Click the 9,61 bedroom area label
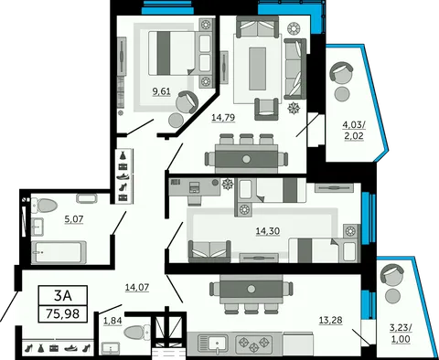[x=161, y=91]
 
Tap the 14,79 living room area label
[x=223, y=117]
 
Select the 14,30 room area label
[x=268, y=231]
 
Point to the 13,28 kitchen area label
[x=330, y=320]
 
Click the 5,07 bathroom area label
[x=74, y=218]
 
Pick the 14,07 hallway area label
[x=137, y=287]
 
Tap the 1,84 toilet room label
[x=112, y=321]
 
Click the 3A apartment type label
[x=63, y=295]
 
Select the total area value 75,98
[x=63, y=313]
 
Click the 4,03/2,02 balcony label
[x=354, y=130]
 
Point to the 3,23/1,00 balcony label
[x=401, y=334]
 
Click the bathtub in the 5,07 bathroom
[x=59, y=252]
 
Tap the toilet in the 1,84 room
[x=137, y=332]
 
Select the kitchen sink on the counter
[x=213, y=343]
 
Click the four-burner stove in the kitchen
[x=254, y=344]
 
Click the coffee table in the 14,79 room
[x=257, y=69]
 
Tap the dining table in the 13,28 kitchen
[x=251, y=289]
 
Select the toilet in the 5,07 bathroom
[x=45, y=206]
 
